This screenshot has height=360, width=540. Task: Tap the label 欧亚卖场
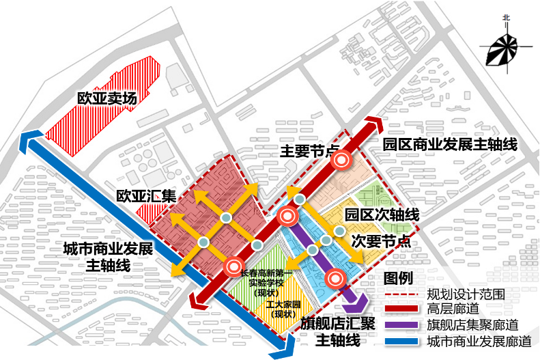click(107, 98)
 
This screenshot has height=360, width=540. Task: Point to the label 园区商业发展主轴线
click(449, 144)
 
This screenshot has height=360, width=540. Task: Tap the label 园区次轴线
click(382, 214)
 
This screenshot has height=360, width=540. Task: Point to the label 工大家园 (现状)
click(281, 309)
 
